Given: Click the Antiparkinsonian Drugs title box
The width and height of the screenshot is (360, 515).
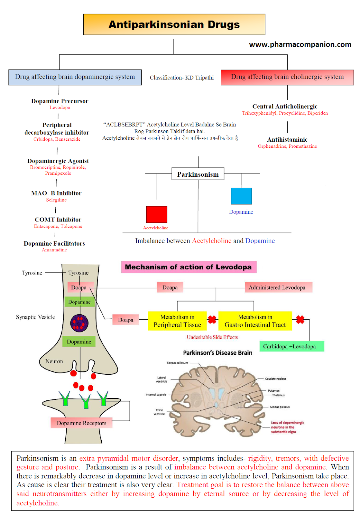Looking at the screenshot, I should [174, 24].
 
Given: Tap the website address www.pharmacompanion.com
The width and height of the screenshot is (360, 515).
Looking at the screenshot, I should [300, 44].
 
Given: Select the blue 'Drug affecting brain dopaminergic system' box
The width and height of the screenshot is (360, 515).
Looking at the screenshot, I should [75, 77].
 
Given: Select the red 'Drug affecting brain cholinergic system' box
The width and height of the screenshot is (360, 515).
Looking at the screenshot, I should [287, 77].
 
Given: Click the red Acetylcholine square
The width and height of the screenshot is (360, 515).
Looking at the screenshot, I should [157, 214].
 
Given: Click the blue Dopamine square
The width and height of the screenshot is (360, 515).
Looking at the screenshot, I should [241, 196].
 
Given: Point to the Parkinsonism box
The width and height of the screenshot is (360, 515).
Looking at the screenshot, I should [198, 174].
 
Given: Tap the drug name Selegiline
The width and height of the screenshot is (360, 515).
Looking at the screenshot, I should [56, 200].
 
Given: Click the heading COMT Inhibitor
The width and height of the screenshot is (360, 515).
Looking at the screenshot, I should [58, 220].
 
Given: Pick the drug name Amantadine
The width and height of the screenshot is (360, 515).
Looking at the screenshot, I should [54, 250].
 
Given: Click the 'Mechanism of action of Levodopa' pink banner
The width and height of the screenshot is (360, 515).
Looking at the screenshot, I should [189, 267].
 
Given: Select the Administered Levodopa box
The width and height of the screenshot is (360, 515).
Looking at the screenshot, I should [278, 287].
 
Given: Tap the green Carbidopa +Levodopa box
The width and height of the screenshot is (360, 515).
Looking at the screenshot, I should [291, 346].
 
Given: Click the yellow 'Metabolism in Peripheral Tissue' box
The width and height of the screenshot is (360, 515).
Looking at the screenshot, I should [177, 321].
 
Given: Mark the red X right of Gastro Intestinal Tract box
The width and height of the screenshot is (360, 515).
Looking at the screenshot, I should [300, 319].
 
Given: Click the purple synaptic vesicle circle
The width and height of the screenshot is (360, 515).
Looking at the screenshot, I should [79, 323].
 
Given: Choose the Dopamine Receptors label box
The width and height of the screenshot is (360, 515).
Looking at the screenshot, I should [81, 423].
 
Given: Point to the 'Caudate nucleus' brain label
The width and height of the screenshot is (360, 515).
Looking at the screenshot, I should [275, 379].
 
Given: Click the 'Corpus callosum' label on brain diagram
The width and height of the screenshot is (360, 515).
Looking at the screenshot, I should [177, 363].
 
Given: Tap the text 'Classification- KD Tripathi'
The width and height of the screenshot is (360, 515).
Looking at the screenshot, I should [181, 78].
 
